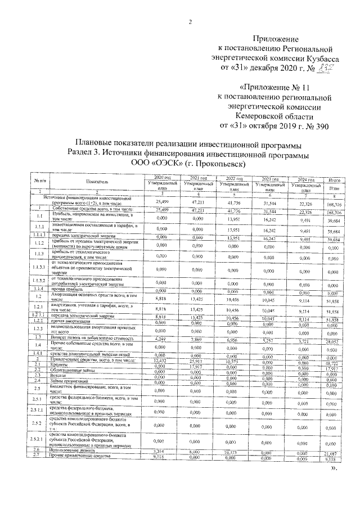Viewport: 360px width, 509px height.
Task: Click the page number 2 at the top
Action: tap(190, 22)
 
